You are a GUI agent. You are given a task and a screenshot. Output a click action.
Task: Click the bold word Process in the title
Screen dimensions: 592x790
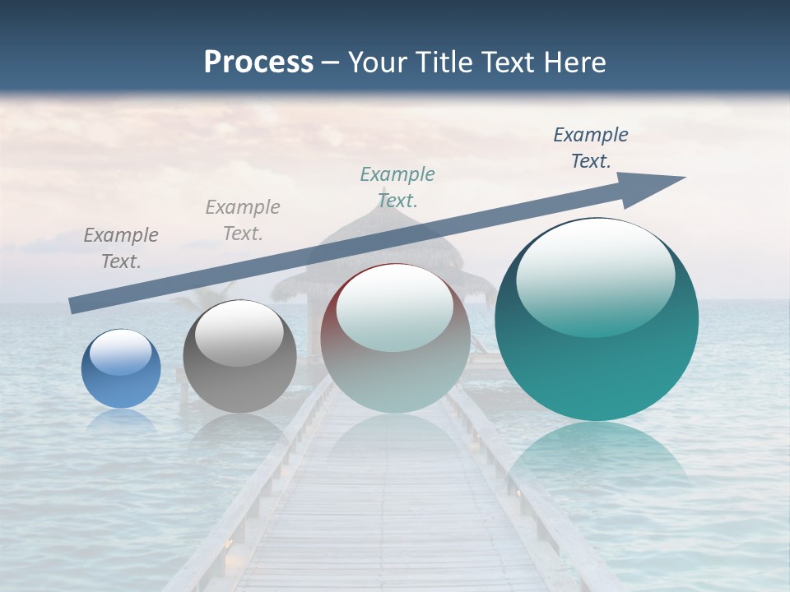[x=258, y=62]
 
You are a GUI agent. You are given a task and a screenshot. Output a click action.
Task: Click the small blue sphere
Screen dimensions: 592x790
[x=121, y=369]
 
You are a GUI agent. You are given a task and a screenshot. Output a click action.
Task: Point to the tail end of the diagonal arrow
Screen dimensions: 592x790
[x=74, y=305]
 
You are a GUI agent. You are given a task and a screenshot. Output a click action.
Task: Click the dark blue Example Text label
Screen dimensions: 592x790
[x=590, y=148]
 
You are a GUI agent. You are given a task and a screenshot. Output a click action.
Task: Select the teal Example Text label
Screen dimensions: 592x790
[x=397, y=187]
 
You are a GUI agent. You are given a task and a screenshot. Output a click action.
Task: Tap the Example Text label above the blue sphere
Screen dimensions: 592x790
[x=120, y=248]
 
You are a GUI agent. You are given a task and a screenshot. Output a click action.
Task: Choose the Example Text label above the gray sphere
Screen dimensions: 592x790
[x=242, y=220]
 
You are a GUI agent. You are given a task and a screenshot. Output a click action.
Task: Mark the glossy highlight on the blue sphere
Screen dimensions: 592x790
[x=120, y=352]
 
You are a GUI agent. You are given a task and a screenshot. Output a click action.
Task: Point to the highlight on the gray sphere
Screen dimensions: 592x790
[x=239, y=334]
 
